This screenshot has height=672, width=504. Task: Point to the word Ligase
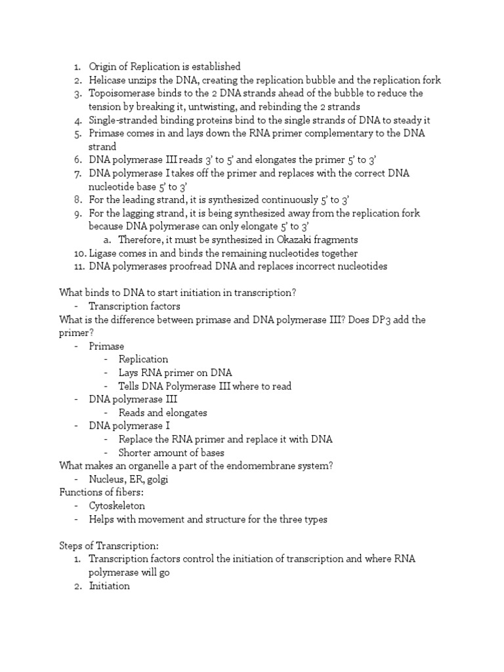click(104, 253)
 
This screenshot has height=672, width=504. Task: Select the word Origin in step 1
click(104, 66)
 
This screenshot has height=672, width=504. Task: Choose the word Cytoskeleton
click(117, 506)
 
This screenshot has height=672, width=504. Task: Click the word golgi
click(157, 479)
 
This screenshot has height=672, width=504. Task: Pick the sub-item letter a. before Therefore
click(107, 240)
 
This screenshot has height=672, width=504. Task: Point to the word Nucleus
click(108, 479)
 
